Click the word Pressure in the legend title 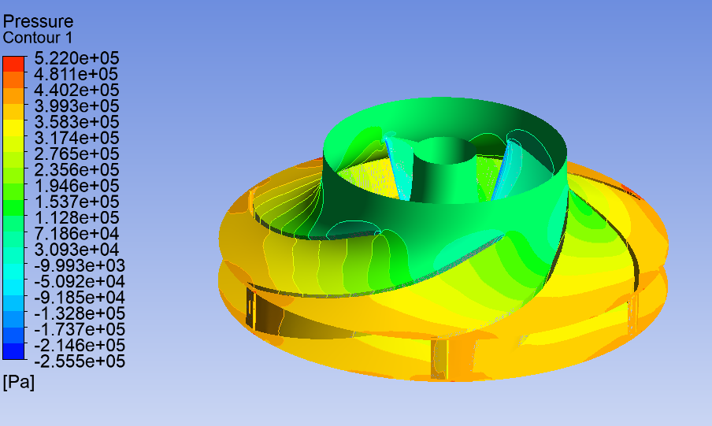(38, 21)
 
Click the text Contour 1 (38, 38)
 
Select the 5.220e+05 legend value (76, 58)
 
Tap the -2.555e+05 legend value (79, 361)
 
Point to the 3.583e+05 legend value (76, 122)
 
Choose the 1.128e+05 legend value (76, 217)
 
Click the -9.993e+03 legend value (79, 265)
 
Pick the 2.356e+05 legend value (76, 170)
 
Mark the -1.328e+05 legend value (79, 313)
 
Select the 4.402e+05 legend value (76, 90)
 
